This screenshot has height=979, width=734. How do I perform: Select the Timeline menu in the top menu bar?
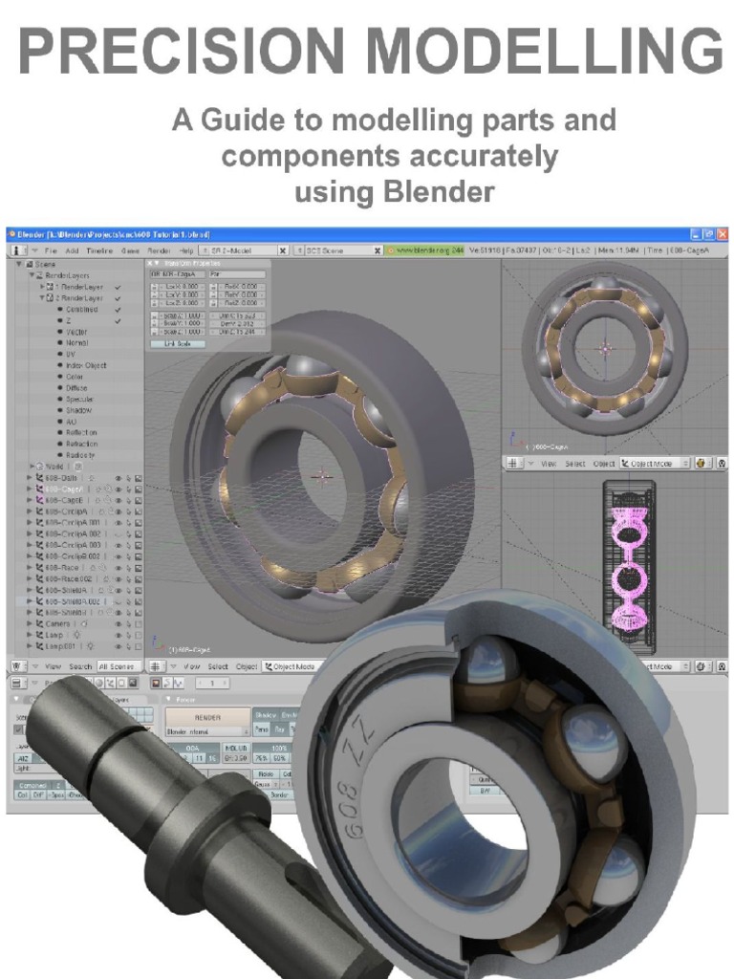tap(99, 250)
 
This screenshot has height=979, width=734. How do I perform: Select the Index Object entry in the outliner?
tap(87, 365)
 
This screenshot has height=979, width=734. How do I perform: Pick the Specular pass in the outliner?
tap(80, 399)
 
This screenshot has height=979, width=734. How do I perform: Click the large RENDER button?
tap(207, 716)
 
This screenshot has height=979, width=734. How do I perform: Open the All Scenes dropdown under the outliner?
tap(117, 665)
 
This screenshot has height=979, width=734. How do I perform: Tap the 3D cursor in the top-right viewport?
tap(603, 349)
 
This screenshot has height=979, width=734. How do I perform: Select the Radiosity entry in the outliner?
tap(81, 454)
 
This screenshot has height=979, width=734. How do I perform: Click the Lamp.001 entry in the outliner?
tap(68, 646)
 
